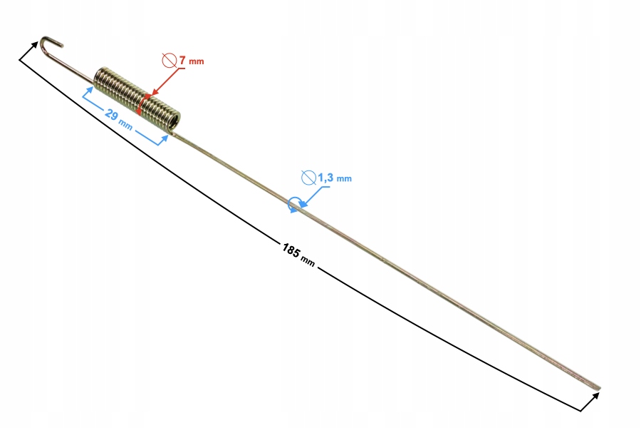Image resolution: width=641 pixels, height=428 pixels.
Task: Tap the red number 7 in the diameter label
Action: click(x=182, y=60)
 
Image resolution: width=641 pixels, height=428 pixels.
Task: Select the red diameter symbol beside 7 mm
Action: click(x=170, y=60)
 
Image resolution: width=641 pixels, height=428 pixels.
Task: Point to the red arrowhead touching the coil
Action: click(x=155, y=93)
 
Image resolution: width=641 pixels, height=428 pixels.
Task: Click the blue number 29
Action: click(x=111, y=114)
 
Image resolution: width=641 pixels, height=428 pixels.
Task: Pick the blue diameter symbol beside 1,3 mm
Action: click(x=308, y=178)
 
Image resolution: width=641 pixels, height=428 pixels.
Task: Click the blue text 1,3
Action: click(x=325, y=178)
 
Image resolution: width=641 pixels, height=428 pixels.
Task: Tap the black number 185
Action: click(x=291, y=250)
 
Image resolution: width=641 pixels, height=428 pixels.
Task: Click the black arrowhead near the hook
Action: click(x=34, y=45)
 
